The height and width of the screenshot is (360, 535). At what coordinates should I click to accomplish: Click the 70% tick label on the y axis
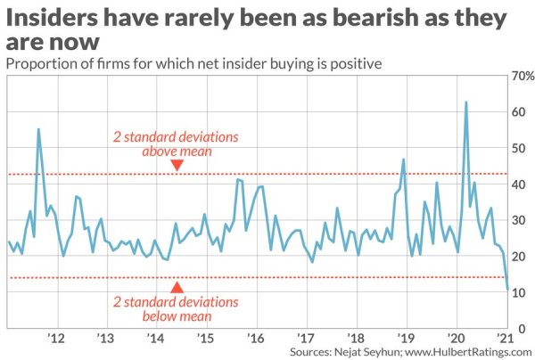pos(520,76)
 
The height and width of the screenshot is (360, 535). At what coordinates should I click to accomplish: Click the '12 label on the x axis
pos(56,340)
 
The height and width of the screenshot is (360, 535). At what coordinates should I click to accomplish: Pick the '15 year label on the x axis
pos(206,340)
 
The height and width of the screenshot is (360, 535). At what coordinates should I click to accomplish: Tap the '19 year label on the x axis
pos(406,340)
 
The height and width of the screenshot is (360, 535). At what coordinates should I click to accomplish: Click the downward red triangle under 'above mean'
pos(177,165)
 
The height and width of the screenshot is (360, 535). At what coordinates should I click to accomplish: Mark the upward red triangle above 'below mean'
pos(177,287)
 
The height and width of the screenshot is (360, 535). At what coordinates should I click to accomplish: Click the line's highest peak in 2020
pos(465,102)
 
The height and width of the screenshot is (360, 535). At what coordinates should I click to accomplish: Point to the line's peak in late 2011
pos(38,129)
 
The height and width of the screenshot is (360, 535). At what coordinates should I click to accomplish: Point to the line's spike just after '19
pos(404,160)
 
